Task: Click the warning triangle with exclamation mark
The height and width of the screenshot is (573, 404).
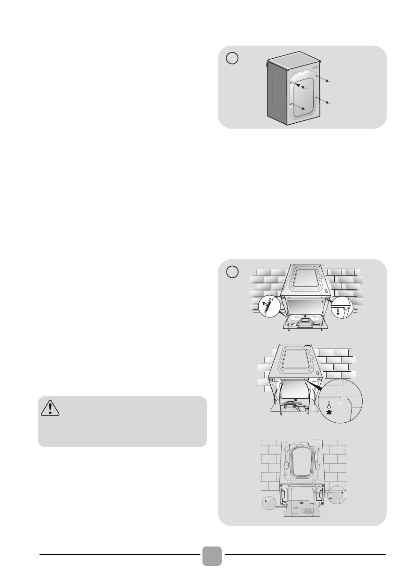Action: point(50,408)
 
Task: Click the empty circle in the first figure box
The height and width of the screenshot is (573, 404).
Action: point(232,58)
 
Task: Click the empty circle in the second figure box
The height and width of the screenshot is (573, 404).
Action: point(232,272)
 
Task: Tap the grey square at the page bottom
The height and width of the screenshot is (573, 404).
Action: point(212,556)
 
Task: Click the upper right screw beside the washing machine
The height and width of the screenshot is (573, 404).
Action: point(328,81)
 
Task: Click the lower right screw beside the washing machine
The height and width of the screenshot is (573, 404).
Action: point(328,103)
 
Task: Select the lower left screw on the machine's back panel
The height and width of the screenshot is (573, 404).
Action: point(303,109)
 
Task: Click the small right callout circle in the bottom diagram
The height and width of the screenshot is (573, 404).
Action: point(336,496)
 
